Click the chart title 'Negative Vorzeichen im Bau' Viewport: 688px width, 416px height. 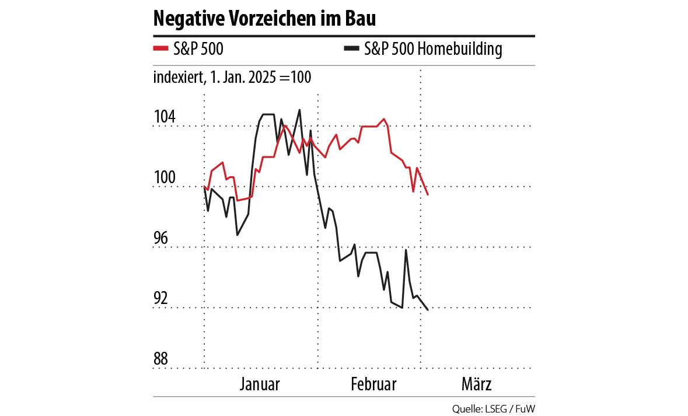[x=264, y=19]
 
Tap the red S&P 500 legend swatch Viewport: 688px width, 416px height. [x=160, y=49]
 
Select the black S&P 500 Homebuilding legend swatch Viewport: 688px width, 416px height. [x=350, y=49]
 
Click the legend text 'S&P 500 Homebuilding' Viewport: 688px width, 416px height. [x=432, y=49]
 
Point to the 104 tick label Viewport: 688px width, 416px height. [x=164, y=117]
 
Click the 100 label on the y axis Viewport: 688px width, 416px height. [x=164, y=178]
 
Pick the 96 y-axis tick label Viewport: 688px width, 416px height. [x=164, y=238]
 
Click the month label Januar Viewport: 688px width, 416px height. [x=260, y=384]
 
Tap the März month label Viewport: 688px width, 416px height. [x=476, y=384]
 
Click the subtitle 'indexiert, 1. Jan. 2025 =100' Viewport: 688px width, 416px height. [x=232, y=78]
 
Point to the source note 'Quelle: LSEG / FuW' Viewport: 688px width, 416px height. [x=493, y=408]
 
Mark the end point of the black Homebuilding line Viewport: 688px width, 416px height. [x=428, y=310]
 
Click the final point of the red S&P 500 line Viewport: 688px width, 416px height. [x=428, y=195]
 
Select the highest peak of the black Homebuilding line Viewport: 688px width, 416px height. [x=299, y=110]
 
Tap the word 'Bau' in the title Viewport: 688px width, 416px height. [x=360, y=19]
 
